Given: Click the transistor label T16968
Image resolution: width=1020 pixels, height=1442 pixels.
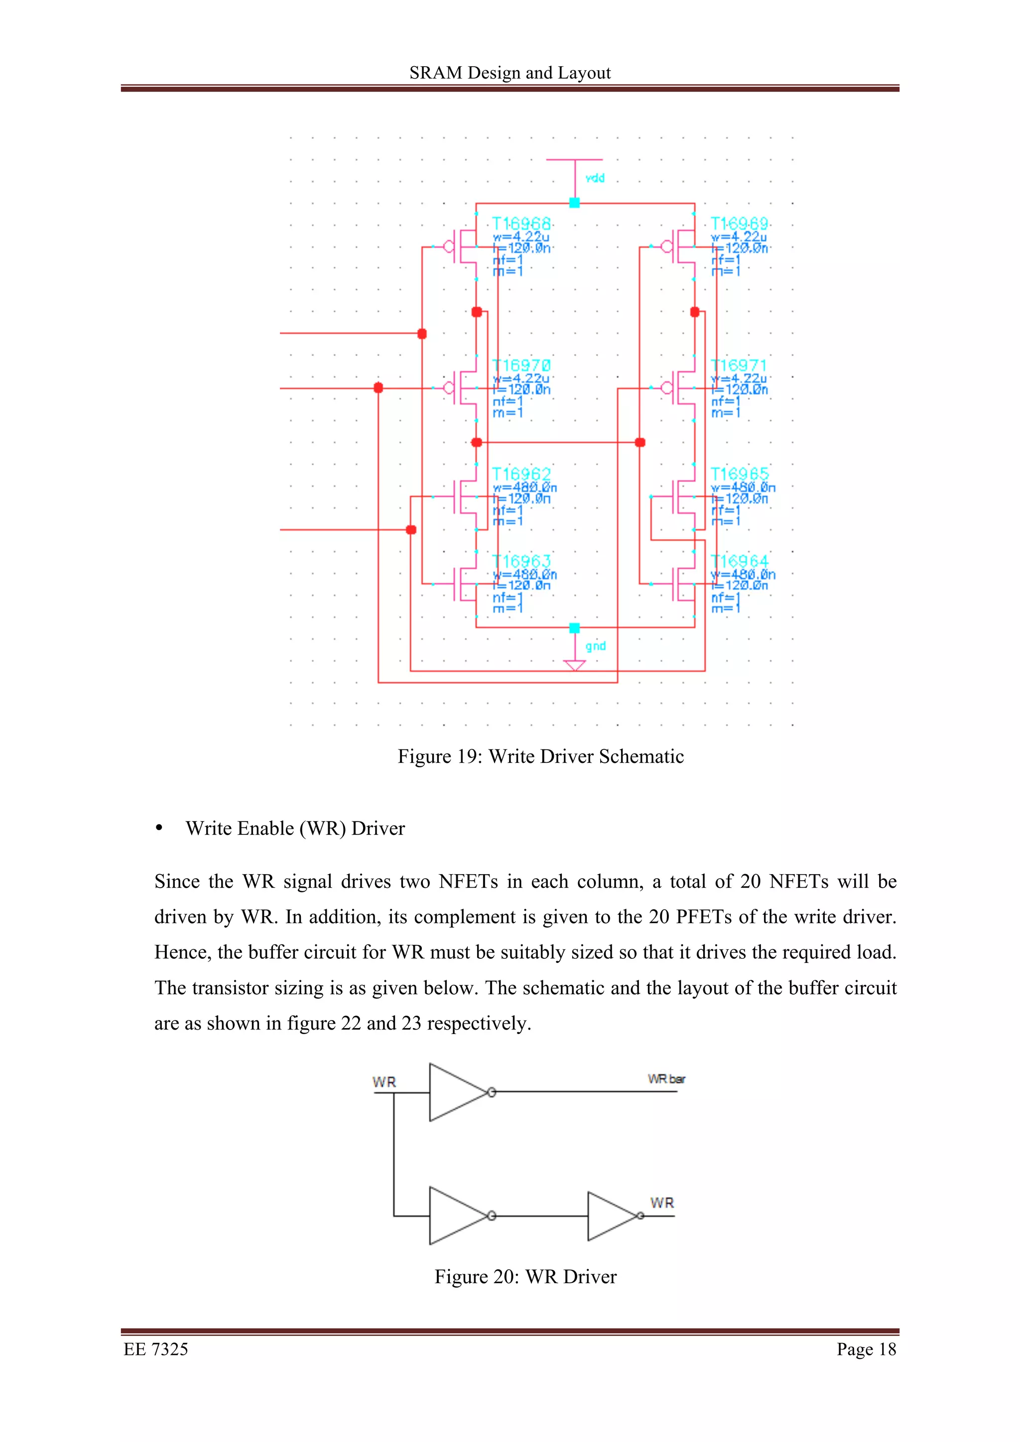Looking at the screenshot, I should pos(521,223).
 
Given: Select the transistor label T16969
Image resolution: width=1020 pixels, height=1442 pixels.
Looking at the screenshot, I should pos(739,223).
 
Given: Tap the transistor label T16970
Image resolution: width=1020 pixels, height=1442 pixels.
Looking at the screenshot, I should pos(521,366).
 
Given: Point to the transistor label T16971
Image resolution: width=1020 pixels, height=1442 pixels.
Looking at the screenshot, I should pos(739,366).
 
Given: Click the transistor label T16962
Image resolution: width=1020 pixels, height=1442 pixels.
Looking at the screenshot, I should pos(521,474).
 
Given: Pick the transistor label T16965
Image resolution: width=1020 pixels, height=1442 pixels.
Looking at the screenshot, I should pos(739,474).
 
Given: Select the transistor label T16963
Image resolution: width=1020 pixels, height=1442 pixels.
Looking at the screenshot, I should pos(521,561).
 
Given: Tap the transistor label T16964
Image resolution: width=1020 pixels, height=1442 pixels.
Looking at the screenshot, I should pos(739,561).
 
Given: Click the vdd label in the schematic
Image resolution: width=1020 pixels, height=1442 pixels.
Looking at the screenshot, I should pos(595,178).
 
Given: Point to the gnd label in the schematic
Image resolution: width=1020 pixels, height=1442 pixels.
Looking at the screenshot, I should pos(595,646).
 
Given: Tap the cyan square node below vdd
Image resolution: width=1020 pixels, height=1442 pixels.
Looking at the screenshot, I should pos(574,202).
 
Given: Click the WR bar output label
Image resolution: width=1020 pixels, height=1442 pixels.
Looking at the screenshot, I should pos(666,1079).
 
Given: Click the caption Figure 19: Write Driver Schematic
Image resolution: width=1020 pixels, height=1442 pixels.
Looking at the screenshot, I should pos(540,756).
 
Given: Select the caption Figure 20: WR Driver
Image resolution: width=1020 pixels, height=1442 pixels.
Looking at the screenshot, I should pos(525,1277).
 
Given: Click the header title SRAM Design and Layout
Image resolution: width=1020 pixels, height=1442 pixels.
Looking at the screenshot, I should pos(510,73).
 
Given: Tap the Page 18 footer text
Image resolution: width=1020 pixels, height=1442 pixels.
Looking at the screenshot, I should pos(866,1349).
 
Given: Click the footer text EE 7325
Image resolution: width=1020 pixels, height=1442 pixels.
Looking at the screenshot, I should pos(156,1349).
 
